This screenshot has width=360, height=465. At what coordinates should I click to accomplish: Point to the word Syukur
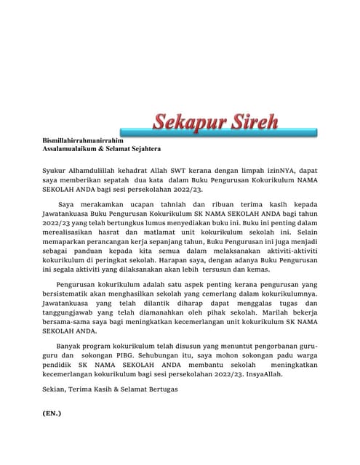click(57, 169)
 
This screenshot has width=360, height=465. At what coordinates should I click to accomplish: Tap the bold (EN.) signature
click(52, 434)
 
